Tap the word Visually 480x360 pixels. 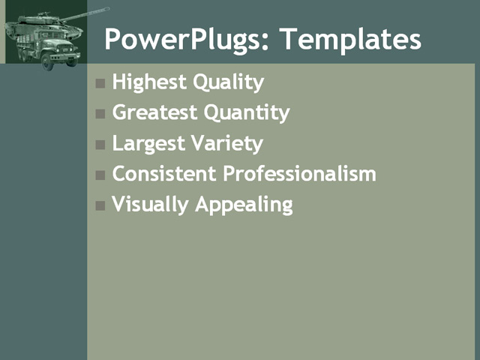click(x=150, y=204)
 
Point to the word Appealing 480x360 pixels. click(x=244, y=204)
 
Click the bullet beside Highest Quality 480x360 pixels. click(x=100, y=83)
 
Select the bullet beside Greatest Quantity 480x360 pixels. click(x=100, y=114)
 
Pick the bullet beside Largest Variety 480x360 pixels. click(x=100, y=144)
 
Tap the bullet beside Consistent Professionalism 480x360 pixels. click(x=100, y=175)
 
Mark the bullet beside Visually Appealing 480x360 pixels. click(x=100, y=205)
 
